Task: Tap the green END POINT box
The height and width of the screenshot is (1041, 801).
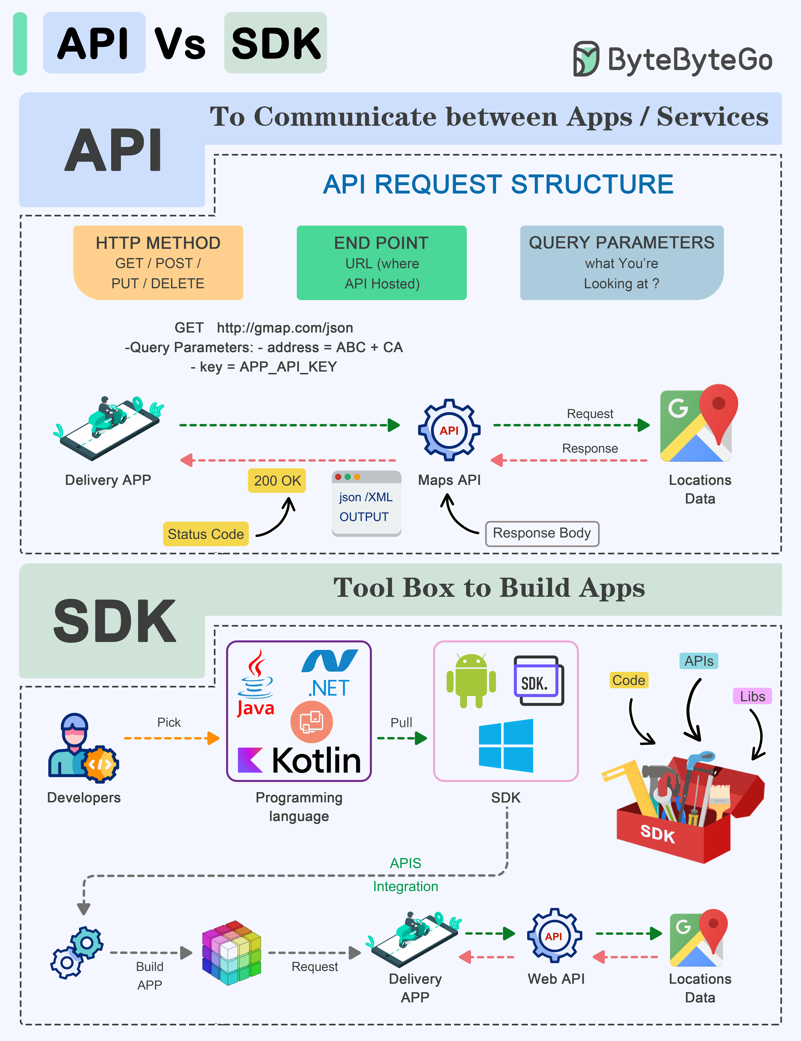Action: point(381,263)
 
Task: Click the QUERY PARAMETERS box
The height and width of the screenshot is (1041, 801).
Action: point(621,263)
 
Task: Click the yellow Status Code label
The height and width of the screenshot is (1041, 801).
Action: point(205,534)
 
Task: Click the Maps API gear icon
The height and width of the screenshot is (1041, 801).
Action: point(449,430)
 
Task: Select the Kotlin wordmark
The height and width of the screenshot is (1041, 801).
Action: point(299,760)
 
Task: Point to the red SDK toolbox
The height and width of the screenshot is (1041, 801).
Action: point(682,810)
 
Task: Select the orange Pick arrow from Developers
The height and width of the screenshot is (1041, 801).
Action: point(172,738)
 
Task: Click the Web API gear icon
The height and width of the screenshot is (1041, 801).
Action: point(554,936)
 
